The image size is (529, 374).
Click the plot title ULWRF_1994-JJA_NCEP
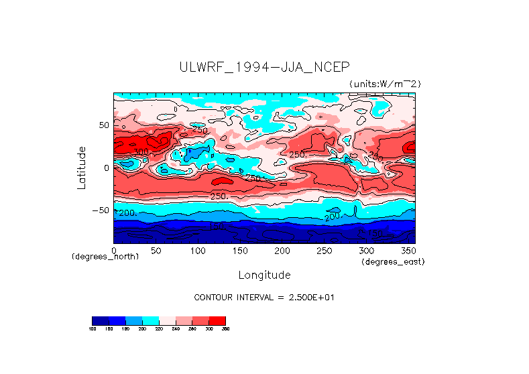click(x=264, y=67)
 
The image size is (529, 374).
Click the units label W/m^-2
click(x=385, y=83)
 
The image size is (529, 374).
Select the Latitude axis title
click(x=81, y=168)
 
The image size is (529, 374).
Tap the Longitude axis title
click(x=264, y=275)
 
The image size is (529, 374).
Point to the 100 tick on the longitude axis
click(x=198, y=250)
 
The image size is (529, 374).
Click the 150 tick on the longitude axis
click(x=239, y=250)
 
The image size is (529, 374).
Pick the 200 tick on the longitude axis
click(x=282, y=250)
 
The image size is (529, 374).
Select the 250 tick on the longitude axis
click(x=324, y=250)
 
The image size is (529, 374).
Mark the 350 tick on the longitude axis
click(x=408, y=250)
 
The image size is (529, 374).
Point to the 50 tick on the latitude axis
click(x=103, y=125)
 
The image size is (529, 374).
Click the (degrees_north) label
click(x=99, y=257)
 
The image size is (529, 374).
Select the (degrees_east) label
click(x=393, y=261)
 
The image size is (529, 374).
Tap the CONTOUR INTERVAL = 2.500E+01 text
click(x=264, y=297)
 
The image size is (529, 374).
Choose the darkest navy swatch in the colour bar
click(x=100, y=320)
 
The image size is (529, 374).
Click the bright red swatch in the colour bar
click(x=217, y=320)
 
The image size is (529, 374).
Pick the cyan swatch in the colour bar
click(x=150, y=320)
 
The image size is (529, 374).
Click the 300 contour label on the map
click(x=139, y=152)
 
